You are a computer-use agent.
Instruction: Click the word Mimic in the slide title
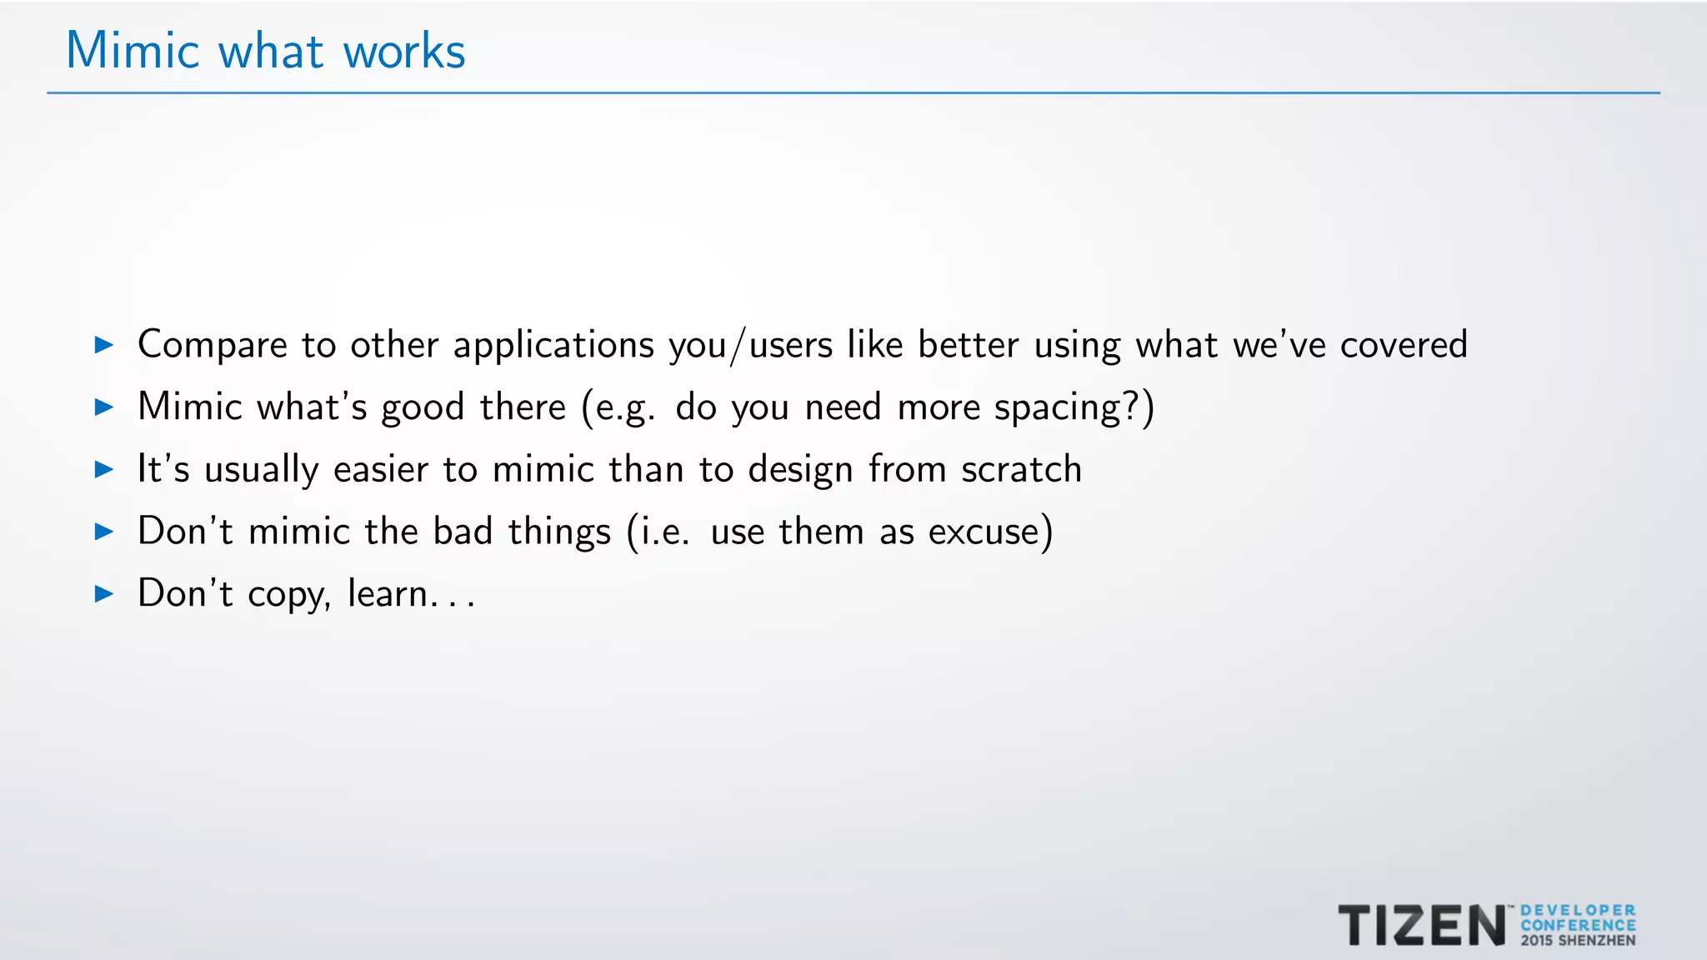coord(133,51)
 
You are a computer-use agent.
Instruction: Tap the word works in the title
coord(404,52)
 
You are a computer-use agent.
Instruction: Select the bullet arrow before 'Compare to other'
coord(104,344)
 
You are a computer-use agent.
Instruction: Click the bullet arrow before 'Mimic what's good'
coord(104,407)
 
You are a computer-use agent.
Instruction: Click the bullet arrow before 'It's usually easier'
coord(104,469)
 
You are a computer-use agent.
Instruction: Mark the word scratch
coord(1021,469)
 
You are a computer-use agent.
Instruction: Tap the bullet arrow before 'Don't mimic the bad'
coord(104,531)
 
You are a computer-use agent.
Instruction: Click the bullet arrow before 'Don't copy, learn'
coord(104,593)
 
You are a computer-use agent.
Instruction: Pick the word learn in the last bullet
coord(388,593)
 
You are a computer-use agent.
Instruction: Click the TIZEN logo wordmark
coord(1422,925)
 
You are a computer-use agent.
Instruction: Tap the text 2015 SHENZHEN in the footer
coord(1578,941)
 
